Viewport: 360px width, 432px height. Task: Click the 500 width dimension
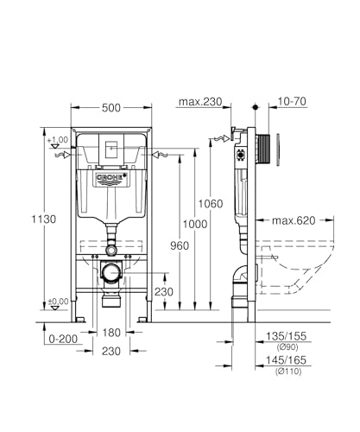pos(111,108)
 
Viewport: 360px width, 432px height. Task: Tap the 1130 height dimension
pos(43,219)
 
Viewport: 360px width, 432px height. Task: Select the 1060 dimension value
pos(211,204)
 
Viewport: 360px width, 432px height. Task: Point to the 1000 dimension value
pos(195,224)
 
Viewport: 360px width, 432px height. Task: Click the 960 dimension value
pos(180,246)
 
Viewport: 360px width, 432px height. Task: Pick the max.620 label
pos(294,220)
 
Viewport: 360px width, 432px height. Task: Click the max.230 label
pos(200,102)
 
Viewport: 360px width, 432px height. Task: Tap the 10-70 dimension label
pos(292,101)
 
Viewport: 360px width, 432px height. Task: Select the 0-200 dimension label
pos(63,339)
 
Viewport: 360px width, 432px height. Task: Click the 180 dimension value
pos(111,333)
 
